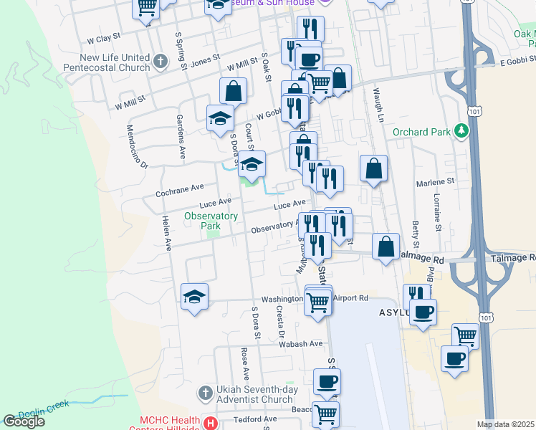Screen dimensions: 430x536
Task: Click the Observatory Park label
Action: [211, 220]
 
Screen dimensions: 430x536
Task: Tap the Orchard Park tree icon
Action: [463, 131]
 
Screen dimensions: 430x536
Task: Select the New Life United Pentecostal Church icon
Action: [161, 62]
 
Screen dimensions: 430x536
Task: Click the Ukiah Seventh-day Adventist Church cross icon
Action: [205, 393]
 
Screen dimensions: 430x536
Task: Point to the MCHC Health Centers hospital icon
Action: [210, 424]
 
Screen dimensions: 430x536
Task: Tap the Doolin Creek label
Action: [44, 408]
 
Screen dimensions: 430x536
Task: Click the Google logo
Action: [24, 421]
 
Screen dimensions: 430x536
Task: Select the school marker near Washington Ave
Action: [193, 297]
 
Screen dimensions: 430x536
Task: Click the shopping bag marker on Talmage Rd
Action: [386, 247]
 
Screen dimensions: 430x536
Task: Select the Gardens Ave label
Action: [182, 140]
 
